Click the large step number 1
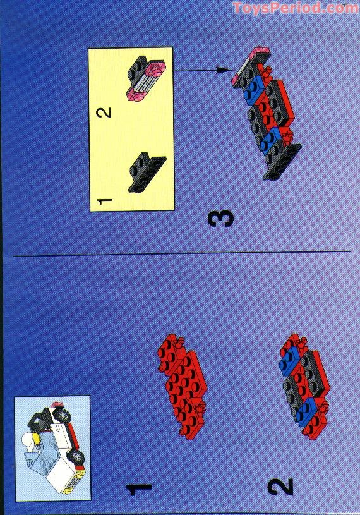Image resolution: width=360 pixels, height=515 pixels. click(x=139, y=488)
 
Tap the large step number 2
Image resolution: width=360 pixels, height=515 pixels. click(x=280, y=487)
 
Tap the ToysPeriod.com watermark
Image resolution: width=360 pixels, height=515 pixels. click(x=294, y=8)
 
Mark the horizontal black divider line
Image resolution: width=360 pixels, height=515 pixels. click(x=180, y=255)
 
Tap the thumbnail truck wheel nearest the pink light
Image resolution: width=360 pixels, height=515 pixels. click(x=64, y=417)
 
